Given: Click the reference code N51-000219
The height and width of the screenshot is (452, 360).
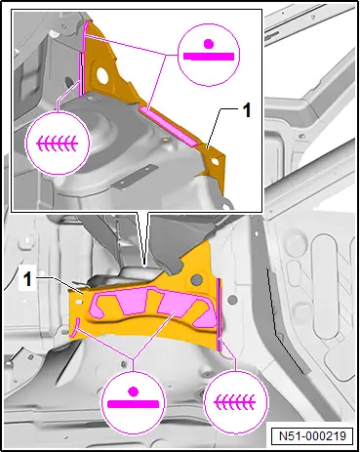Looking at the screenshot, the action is pos(312,435).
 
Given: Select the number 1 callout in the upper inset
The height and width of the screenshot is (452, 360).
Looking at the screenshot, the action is pos(248,110).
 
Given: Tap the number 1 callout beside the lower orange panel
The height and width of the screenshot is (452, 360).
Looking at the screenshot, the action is pos(28,279).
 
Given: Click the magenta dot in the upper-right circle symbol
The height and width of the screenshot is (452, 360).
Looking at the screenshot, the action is pos(208,43).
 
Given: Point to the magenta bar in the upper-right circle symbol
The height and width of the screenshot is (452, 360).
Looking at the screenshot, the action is pos(209,57).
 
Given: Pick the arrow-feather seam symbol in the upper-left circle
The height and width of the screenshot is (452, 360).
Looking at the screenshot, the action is pos(58,143).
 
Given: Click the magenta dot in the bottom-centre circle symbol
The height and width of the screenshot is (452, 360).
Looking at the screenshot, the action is pos(133,391).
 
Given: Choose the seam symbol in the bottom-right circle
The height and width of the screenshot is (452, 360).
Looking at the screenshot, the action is pos(234,402).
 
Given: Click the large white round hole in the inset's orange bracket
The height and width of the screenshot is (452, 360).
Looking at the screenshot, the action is pos(101,74).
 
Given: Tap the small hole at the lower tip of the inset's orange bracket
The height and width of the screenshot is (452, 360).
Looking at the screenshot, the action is pos(215,161).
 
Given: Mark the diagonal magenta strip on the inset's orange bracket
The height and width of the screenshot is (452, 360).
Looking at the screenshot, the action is pos(169,126).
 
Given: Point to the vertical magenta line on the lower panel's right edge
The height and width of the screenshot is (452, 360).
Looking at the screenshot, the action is pos(219,314).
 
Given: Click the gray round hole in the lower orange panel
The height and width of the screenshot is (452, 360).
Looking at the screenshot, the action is pos(196,279).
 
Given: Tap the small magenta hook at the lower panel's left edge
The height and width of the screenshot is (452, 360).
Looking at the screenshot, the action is pos(75,328).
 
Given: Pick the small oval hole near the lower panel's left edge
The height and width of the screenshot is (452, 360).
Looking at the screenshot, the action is pos(78,303).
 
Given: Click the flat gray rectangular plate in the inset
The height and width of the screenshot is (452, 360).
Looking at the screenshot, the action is pos(135,178).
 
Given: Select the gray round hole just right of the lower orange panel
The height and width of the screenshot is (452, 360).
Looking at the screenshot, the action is pos(232,299).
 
